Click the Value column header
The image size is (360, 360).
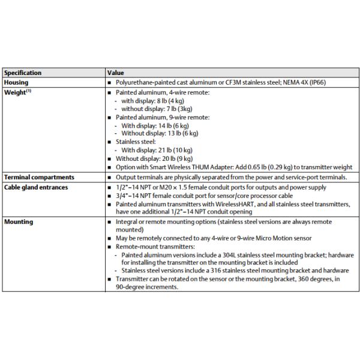(x=116, y=73)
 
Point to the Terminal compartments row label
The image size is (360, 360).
(x=38, y=177)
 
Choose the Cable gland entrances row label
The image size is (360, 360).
(x=35, y=187)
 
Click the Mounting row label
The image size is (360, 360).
(x=19, y=221)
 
